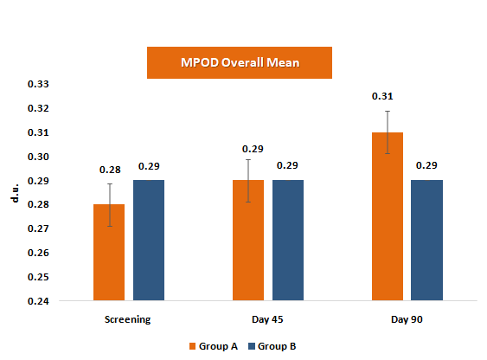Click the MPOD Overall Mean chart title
click(240, 63)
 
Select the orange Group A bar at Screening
click(109, 253)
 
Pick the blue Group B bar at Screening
click(148, 241)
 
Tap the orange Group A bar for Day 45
click(248, 241)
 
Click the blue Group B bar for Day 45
click(288, 241)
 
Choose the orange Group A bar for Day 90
click(388, 216)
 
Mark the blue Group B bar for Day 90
click(427, 241)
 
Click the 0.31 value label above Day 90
click(382, 96)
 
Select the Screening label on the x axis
click(128, 319)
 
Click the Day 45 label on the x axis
click(267, 319)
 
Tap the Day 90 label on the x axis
click(407, 319)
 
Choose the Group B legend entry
click(276, 346)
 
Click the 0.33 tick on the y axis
click(40, 85)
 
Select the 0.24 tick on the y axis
click(40, 302)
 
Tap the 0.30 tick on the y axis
click(40, 157)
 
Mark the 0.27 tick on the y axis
click(40, 229)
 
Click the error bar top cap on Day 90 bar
click(388, 111)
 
